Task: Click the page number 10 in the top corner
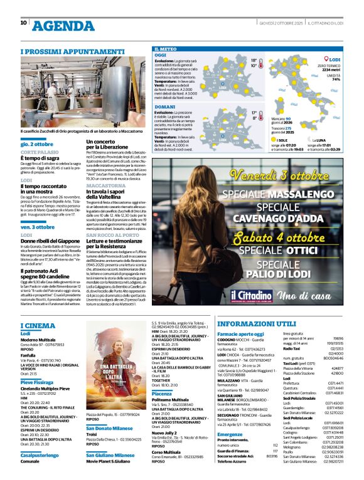click(x=24, y=23)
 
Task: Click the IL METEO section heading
click(x=165, y=48)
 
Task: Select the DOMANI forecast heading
click(x=164, y=107)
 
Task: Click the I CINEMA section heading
click(x=38, y=325)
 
